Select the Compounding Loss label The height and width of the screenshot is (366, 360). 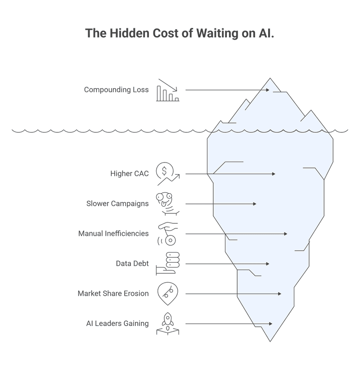(x=116, y=90)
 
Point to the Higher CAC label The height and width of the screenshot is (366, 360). (x=129, y=173)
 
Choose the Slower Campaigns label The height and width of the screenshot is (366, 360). (x=117, y=203)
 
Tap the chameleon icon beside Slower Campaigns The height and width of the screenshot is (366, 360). (x=167, y=203)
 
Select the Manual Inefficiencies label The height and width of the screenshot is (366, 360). (x=113, y=234)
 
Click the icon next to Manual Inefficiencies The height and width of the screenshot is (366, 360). (x=167, y=234)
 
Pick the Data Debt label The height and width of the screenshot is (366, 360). (x=132, y=263)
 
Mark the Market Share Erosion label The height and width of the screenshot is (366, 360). (x=113, y=294)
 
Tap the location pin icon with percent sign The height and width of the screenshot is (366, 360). (x=167, y=294)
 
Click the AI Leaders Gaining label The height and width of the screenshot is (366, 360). (x=117, y=323)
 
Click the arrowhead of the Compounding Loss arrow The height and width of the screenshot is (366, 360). (x=268, y=90)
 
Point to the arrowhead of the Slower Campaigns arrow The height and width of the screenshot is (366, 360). (x=255, y=204)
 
